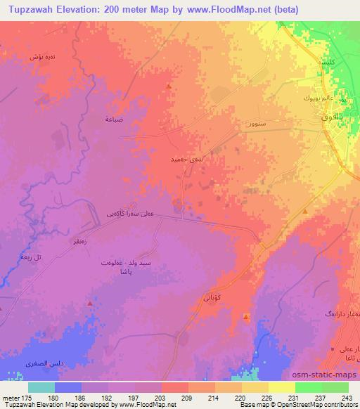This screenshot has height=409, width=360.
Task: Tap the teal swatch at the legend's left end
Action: point(41,387)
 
